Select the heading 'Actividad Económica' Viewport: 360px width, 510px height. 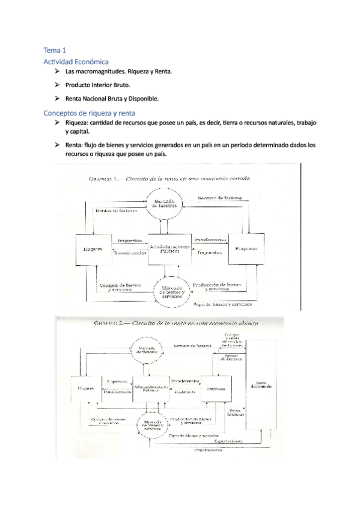(x=76, y=61)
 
